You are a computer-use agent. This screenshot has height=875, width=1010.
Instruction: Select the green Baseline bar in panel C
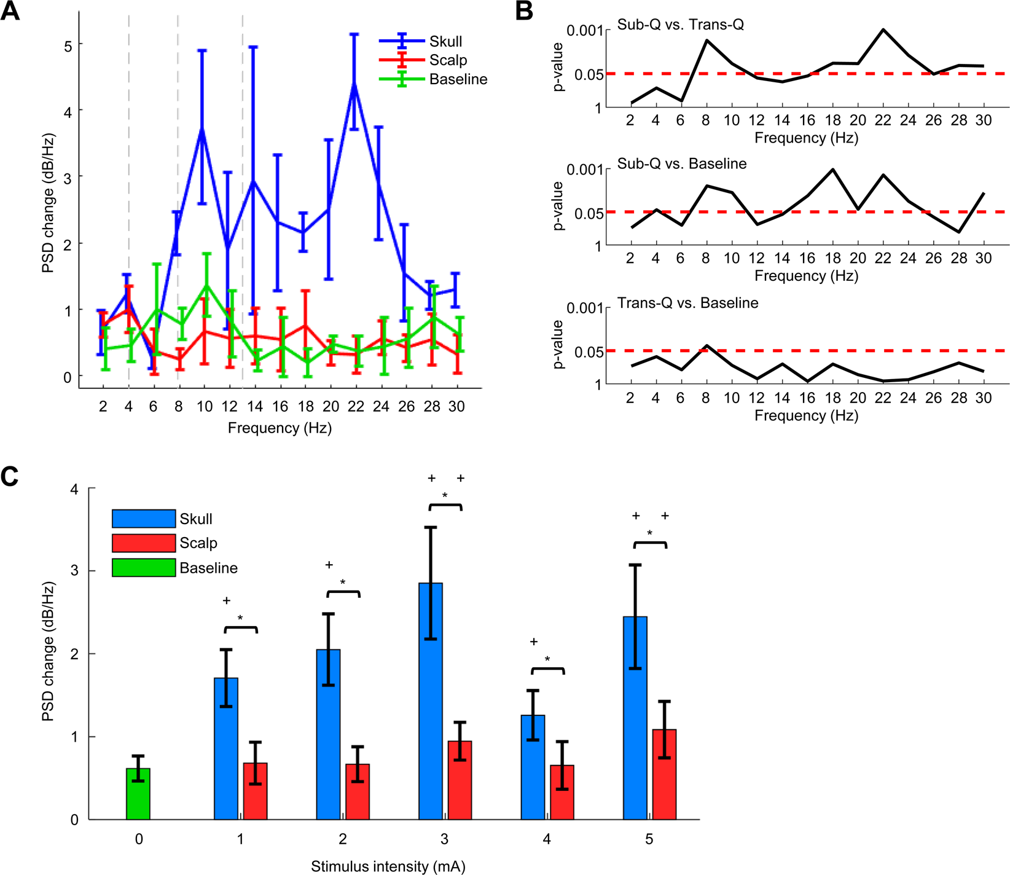pyautogui.click(x=138, y=793)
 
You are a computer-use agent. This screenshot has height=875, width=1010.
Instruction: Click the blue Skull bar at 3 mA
pyautogui.click(x=431, y=700)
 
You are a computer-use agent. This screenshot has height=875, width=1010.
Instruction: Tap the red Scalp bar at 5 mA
pyautogui.click(x=664, y=774)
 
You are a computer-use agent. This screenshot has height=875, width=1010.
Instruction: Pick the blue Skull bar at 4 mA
pyautogui.click(x=533, y=767)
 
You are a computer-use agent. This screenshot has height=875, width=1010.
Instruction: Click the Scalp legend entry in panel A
pyautogui.click(x=448, y=60)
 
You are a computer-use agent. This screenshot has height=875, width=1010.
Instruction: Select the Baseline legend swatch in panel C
pyautogui.click(x=144, y=568)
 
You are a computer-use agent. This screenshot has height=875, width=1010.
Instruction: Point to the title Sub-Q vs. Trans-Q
pyautogui.click(x=680, y=25)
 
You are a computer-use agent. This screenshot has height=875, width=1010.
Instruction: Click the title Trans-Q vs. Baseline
pyautogui.click(x=687, y=303)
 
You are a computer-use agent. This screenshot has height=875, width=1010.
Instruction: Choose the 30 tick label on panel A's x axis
pyautogui.click(x=456, y=406)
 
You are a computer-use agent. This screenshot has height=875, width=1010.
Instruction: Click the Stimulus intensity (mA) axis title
pyautogui.click(x=388, y=866)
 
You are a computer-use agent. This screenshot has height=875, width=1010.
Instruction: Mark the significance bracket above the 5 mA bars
pyautogui.click(x=649, y=544)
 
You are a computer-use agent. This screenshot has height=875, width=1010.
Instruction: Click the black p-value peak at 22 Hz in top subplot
pyautogui.click(x=883, y=29)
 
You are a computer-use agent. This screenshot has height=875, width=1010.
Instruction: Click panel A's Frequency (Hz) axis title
pyautogui.click(x=280, y=428)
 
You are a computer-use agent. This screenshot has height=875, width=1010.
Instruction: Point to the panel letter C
pyautogui.click(x=10, y=477)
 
